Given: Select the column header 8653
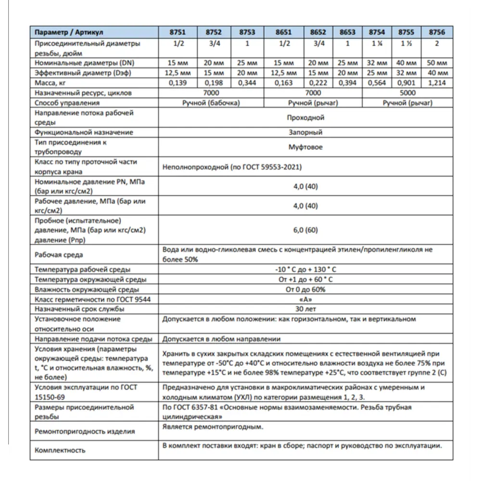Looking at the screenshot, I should coord(347,32).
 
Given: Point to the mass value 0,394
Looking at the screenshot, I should coord(347,83).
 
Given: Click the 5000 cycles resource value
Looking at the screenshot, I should coord(407,93).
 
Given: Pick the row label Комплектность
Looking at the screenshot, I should coord(60,450).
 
